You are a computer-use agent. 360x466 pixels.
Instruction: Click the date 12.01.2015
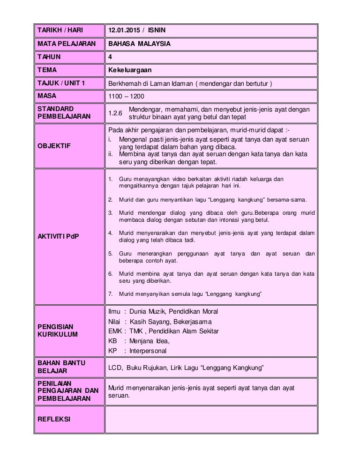click(124, 31)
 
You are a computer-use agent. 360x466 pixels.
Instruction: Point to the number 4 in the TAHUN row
click(110, 57)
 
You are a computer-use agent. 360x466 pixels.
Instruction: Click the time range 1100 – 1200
click(126, 97)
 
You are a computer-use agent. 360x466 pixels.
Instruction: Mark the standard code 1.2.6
click(115, 113)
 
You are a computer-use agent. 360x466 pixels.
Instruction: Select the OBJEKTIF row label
click(53, 146)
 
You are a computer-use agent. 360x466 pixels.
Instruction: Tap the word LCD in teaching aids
click(115, 369)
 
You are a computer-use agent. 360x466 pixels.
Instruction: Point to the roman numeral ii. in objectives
click(111, 153)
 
